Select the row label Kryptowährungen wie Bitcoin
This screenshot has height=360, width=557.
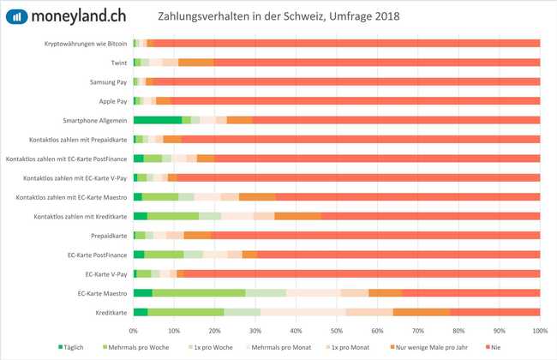(86, 43)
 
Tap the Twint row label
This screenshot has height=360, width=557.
(119, 63)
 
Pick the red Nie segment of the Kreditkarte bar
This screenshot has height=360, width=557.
(494, 312)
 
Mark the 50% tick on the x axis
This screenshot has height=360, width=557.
(336, 330)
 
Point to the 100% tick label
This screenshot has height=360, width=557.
(539, 330)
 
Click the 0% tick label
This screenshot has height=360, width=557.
(133, 330)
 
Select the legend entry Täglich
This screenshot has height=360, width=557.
(75, 346)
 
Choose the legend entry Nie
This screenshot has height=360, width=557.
(500, 346)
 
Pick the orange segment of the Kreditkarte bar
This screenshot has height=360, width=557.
(421, 312)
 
